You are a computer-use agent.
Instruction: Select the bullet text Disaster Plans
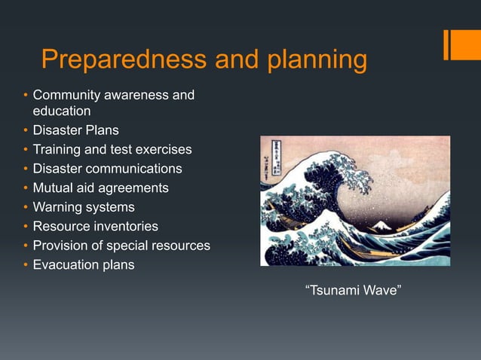pos(75,130)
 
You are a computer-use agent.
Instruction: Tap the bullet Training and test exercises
pos(112,149)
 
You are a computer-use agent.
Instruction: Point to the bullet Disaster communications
pos(107,169)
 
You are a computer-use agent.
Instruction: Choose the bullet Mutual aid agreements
pos(100,188)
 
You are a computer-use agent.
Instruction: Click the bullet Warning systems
pos(84,207)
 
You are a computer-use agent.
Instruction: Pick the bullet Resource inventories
pos(95,226)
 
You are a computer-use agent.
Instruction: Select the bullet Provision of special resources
pos(121,246)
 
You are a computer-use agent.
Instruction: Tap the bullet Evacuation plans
pos(84,265)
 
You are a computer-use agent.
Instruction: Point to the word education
pos(61,111)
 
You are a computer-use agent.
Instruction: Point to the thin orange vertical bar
pos(446,44)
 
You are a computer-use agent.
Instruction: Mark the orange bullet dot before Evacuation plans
pos(24,265)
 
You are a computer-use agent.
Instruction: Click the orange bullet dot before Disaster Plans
pos(24,130)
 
